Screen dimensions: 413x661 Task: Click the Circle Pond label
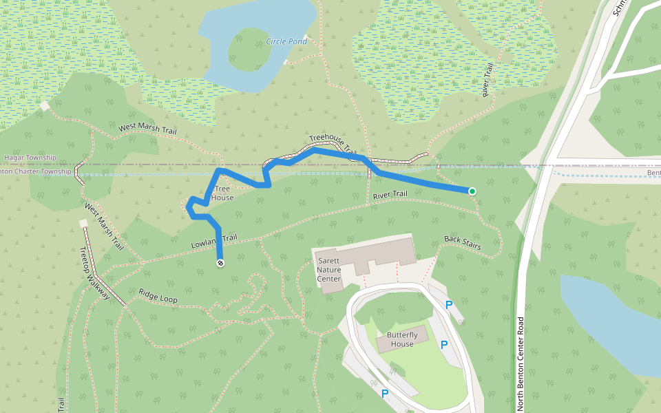286,42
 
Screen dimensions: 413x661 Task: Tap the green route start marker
472,191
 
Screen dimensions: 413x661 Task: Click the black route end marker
220,263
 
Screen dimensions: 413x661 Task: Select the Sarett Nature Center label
329,270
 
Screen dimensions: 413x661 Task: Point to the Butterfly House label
402,339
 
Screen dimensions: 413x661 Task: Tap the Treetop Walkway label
94,273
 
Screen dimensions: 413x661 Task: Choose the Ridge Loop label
158,296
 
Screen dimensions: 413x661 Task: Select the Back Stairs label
462,242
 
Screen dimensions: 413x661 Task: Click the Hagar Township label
30,158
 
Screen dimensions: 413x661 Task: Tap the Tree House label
222,193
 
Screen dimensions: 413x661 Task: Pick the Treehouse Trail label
332,142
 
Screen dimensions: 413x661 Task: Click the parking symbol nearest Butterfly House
444,344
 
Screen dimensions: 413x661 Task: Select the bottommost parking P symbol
385,394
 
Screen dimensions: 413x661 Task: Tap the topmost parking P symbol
449,304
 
